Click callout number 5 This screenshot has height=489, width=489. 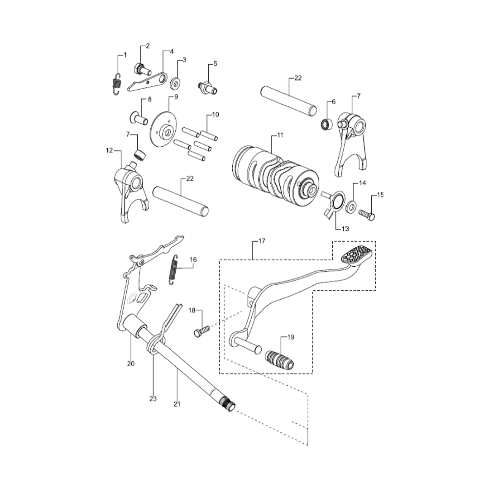215,64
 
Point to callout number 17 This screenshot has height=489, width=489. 261,241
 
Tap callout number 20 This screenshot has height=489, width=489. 131,363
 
